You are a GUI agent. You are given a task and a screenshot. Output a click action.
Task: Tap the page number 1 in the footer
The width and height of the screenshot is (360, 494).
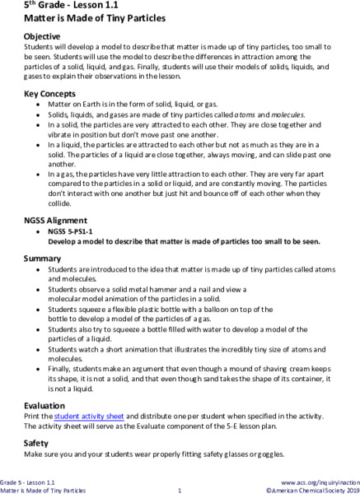(180, 489)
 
